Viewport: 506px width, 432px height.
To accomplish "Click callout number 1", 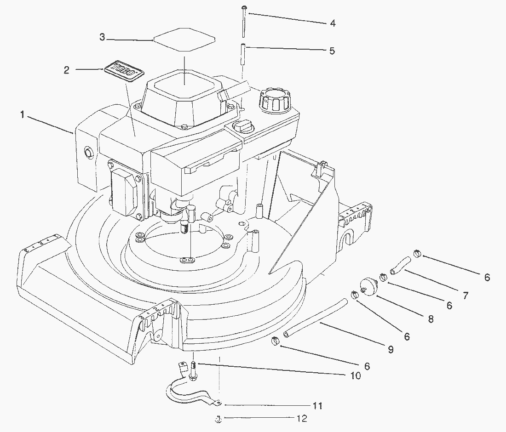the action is coord(22,115).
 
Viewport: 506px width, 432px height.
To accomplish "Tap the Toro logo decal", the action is coord(124,71).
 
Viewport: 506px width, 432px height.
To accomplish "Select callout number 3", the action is coord(102,37).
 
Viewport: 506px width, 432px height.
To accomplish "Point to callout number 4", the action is coord(333,23).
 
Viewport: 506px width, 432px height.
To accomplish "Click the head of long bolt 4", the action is coord(244,6).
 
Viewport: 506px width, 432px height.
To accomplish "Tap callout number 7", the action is coord(465,296).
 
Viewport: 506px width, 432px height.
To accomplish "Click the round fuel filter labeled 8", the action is coord(368,285).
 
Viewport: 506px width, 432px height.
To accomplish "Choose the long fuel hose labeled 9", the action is coord(315,318).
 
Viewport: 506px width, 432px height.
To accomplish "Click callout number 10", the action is coord(356,375).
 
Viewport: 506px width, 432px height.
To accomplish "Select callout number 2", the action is coord(67,70).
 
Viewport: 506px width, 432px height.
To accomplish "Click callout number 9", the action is coord(391,349).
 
